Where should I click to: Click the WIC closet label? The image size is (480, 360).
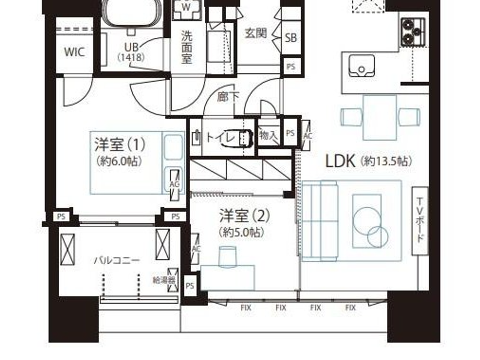point(74,52)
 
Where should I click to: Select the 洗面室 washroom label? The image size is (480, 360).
point(187,47)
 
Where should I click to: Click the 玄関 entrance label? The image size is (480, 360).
point(255,33)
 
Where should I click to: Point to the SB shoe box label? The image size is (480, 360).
point(291,38)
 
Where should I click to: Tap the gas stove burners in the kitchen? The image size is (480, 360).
point(413,32)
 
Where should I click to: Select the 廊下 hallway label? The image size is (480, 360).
point(228,97)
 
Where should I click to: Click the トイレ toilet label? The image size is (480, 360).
point(221,137)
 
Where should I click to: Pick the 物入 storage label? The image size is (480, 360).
point(268,135)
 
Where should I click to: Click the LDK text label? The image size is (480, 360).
point(340,161)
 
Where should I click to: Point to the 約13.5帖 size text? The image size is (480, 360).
point(386,161)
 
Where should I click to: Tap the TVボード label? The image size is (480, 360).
point(420,220)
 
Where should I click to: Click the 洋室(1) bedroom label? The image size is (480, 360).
point(120,144)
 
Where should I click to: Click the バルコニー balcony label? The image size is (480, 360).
point(117,260)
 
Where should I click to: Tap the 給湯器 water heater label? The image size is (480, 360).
point(164,280)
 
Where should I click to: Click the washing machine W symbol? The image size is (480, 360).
point(186,8)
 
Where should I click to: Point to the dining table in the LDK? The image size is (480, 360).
point(380,118)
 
